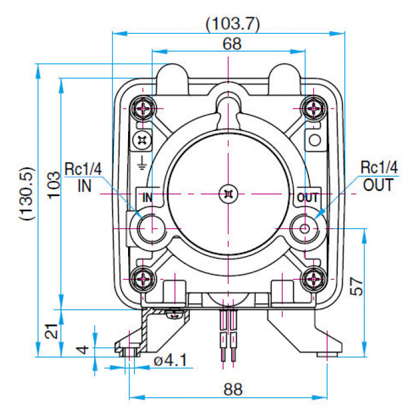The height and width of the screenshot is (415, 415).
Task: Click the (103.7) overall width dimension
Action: point(233,24)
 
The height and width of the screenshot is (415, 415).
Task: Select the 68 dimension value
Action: point(232,44)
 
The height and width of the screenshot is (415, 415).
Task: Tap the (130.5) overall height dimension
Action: point(27,193)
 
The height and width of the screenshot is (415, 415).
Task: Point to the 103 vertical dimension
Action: point(54,185)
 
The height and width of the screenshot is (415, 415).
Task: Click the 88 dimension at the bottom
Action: point(233,389)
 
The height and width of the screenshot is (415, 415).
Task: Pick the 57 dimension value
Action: point(356,286)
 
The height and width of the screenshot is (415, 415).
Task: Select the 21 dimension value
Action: point(52,331)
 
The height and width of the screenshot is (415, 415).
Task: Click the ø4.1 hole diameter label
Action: point(171,360)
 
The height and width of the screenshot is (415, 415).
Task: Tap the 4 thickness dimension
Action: point(82,349)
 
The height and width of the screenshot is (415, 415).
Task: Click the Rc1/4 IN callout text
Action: point(84,177)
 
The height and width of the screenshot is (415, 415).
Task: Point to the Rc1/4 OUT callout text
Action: point(379,176)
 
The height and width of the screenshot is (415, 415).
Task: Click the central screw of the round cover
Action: point(228,194)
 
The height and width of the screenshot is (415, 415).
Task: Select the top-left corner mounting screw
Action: point(143,108)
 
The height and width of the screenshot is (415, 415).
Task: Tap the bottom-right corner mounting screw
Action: point(314,279)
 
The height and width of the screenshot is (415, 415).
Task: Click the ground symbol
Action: point(142,162)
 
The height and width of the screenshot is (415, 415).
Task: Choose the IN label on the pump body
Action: point(148,197)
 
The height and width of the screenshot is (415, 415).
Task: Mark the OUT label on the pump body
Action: point(308,197)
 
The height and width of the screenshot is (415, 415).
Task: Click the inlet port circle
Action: point(152,228)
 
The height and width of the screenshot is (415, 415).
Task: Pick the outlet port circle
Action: point(304,228)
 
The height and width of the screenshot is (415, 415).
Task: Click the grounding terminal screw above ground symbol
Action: point(142,140)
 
